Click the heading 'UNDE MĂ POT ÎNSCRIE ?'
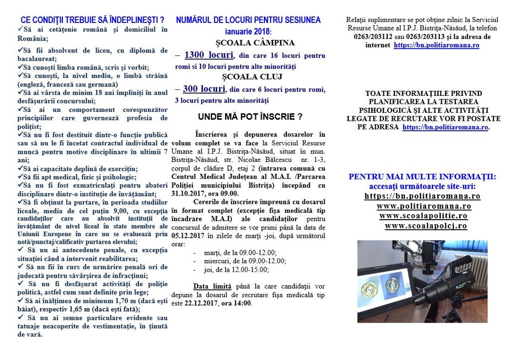coord(250,117)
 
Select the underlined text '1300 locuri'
coord(209,55)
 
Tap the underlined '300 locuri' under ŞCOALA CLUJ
coord(204,89)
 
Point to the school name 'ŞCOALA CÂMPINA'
coord(248,43)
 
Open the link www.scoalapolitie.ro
coord(423,216)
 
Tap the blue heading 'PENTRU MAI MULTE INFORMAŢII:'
coord(422,177)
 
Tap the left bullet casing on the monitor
coord(370,289)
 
